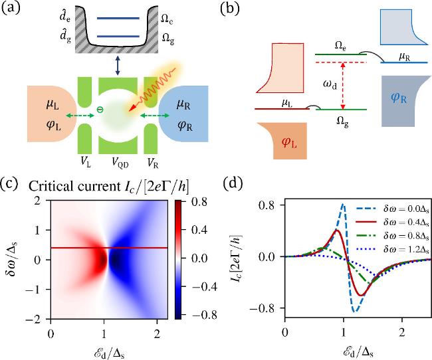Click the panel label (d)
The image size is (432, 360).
[265, 181]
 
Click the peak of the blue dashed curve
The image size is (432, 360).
[343, 205]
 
